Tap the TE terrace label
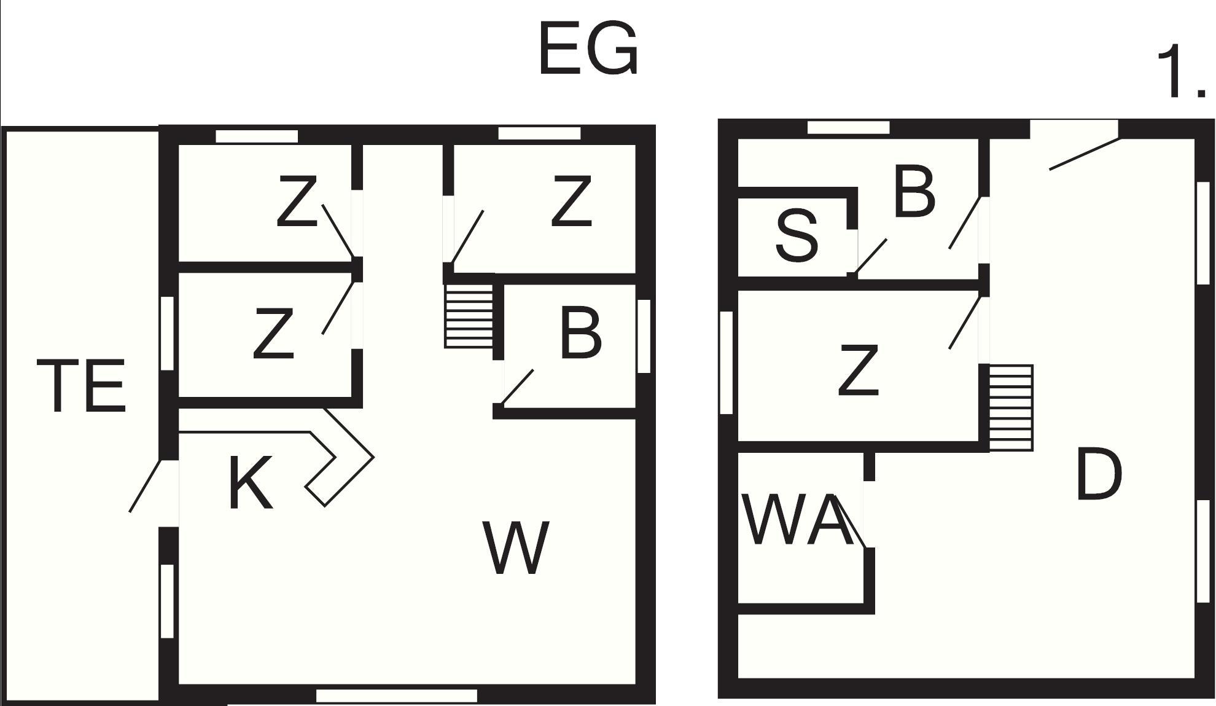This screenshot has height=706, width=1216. pyautogui.click(x=82, y=386)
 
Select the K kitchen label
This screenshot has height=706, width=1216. pyautogui.click(x=250, y=484)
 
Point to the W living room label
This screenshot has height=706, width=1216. pyautogui.click(x=516, y=548)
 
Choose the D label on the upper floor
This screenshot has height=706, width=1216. pyautogui.click(x=1099, y=474)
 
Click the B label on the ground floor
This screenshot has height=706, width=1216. pyautogui.click(x=580, y=334)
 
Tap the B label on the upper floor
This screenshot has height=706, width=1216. pyautogui.click(x=914, y=192)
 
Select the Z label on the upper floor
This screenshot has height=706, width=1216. pyautogui.click(x=859, y=370)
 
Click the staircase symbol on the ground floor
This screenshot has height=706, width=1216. pyautogui.click(x=469, y=316)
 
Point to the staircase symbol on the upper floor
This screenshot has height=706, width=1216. pyautogui.click(x=1011, y=408)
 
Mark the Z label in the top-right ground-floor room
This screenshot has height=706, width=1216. pyautogui.click(x=571, y=201)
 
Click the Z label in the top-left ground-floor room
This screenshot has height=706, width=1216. pyautogui.click(x=297, y=201)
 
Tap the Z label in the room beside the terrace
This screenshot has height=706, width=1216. pyautogui.click(x=273, y=334)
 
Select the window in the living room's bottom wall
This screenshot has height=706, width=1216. pyautogui.click(x=397, y=696)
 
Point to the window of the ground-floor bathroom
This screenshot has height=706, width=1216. pyautogui.click(x=644, y=336)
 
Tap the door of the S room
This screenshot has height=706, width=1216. pyautogui.click(x=870, y=257)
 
